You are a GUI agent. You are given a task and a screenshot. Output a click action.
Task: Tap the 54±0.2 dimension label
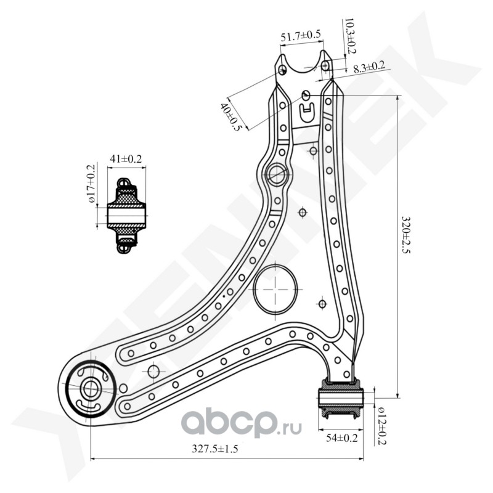click(x=342, y=438)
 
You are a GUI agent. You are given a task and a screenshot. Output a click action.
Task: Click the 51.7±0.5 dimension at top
click(x=300, y=36)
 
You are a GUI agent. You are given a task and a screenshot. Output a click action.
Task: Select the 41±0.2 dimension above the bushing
click(x=126, y=159)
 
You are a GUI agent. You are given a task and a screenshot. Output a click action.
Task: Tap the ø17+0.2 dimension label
click(x=91, y=184)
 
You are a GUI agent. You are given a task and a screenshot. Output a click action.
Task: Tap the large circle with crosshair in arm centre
click(x=275, y=288)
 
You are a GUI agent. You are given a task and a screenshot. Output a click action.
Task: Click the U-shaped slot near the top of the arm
click(x=306, y=112)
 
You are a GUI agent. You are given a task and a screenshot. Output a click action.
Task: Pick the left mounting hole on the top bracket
click(x=282, y=70)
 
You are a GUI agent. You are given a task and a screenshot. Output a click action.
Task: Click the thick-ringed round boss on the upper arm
click(x=276, y=174)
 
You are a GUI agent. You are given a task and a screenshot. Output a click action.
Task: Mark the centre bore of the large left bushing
click(x=90, y=388)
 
